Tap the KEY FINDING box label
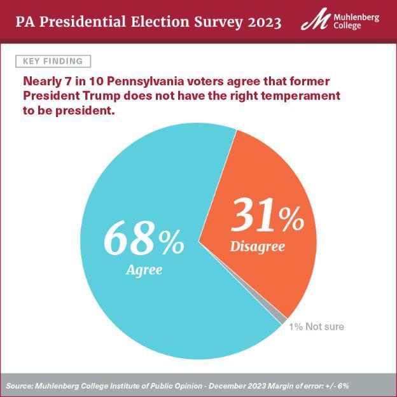53,61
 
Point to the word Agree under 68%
144,269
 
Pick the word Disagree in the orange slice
257,246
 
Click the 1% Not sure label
316,326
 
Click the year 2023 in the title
257,23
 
